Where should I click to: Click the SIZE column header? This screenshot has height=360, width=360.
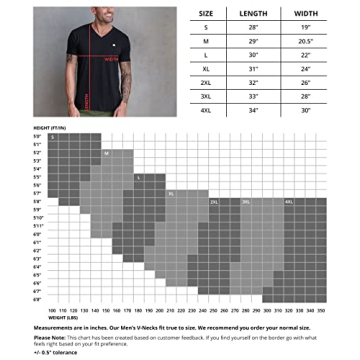point(205,13)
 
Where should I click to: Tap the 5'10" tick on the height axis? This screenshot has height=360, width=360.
point(38,217)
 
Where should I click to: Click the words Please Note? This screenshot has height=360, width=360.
point(47,337)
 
